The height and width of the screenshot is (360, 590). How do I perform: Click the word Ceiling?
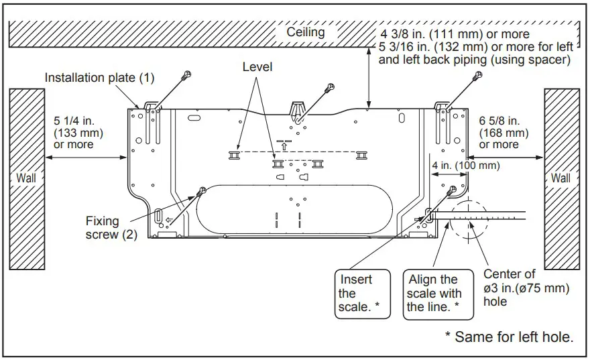(306, 32)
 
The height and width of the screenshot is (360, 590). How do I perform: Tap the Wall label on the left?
(26, 178)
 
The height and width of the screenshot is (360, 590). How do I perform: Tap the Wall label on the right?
(560, 178)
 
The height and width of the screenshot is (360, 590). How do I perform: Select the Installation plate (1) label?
(99, 78)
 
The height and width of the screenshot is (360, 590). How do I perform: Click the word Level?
(257, 67)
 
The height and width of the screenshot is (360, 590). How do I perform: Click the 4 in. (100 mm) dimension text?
(465, 166)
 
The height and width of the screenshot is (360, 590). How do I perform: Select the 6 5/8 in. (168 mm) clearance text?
(504, 132)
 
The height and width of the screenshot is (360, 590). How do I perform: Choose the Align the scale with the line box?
(433, 293)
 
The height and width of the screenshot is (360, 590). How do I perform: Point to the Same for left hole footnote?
(510, 337)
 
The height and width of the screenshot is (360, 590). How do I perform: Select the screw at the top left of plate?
(189, 75)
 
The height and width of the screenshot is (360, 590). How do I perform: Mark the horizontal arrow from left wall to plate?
(86, 158)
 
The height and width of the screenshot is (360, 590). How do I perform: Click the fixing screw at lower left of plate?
(200, 193)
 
